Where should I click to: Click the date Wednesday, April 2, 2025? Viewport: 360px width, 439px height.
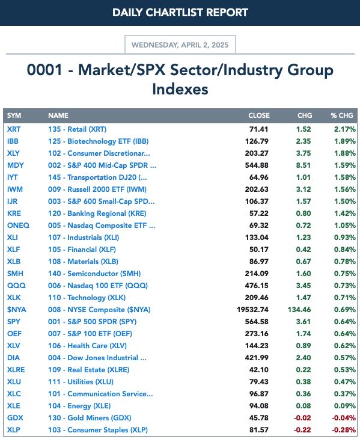coord(180,45)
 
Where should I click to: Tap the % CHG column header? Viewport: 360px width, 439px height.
coord(342,115)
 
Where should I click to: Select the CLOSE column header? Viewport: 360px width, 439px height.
coord(259,115)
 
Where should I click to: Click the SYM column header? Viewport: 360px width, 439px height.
coord(14,115)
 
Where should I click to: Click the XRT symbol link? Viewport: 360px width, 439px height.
coord(14,129)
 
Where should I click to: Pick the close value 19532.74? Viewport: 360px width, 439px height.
coord(252,309)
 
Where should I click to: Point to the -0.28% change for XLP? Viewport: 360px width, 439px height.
coord(344,430)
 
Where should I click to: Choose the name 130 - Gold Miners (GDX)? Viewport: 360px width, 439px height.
coord(90,418)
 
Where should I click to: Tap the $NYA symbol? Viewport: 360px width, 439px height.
coord(17,309)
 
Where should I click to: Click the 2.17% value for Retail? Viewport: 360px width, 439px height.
coord(345,129)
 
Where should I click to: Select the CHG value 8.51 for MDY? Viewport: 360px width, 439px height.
coord(304,165)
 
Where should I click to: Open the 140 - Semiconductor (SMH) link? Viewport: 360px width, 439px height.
coord(94,273)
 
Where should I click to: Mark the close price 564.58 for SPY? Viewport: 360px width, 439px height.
coord(257,321)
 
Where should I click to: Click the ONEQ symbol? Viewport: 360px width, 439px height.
coord(18,226)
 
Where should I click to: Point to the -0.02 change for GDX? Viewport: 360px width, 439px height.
coord(302,418)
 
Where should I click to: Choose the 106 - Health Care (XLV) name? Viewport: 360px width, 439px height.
coord(87,346)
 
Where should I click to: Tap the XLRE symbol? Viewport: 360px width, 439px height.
coord(16,370)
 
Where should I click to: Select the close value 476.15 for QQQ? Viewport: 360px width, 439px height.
coord(257,285)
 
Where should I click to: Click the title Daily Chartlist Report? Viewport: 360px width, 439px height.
coord(180,13)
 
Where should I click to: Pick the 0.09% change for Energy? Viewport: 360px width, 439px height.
coord(345,406)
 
